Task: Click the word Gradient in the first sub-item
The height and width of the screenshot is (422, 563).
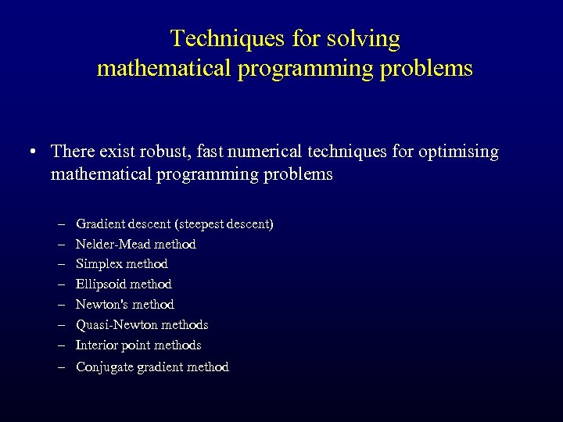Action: (99, 224)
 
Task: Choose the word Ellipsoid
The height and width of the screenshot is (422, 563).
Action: (99, 284)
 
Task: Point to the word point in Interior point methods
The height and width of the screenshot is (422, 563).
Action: (134, 345)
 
